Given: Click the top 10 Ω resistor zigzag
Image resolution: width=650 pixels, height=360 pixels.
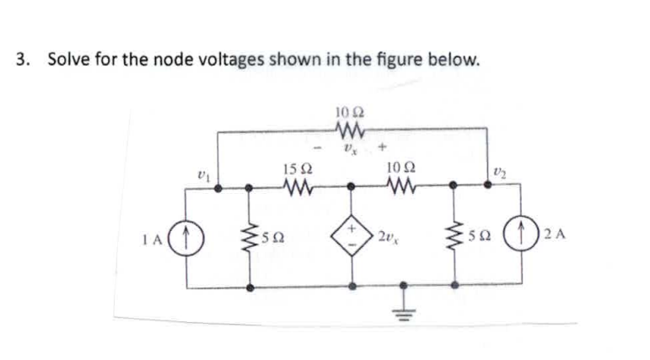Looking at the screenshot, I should click(348, 130).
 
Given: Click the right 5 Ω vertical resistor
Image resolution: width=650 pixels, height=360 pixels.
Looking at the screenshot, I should click(458, 235).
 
